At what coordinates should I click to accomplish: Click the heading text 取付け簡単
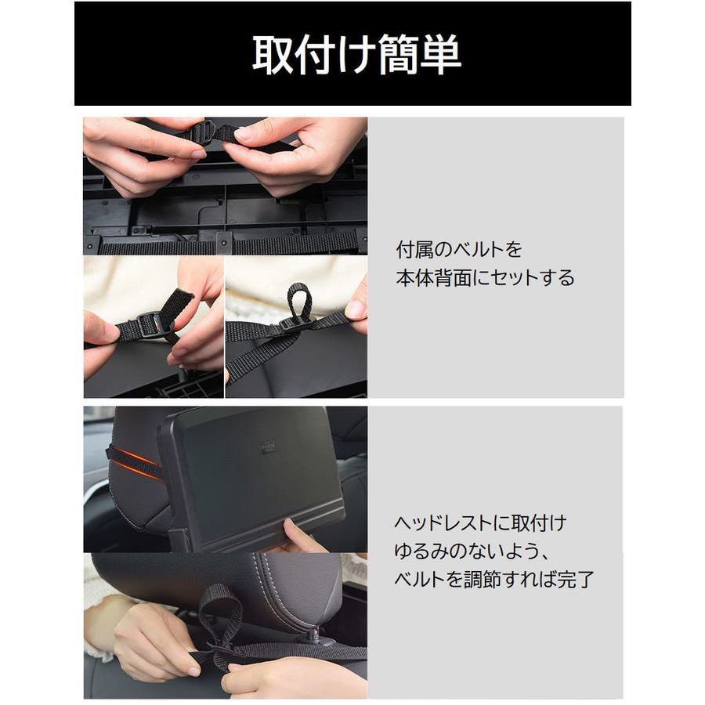(356, 54)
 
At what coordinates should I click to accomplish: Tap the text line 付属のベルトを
(458, 250)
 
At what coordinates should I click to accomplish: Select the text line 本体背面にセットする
(485, 278)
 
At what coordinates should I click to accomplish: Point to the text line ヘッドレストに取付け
(480, 523)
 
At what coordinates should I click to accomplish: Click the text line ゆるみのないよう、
(472, 551)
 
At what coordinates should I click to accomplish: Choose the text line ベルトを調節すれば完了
(494, 580)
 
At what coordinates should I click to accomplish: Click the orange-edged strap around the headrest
(136, 462)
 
